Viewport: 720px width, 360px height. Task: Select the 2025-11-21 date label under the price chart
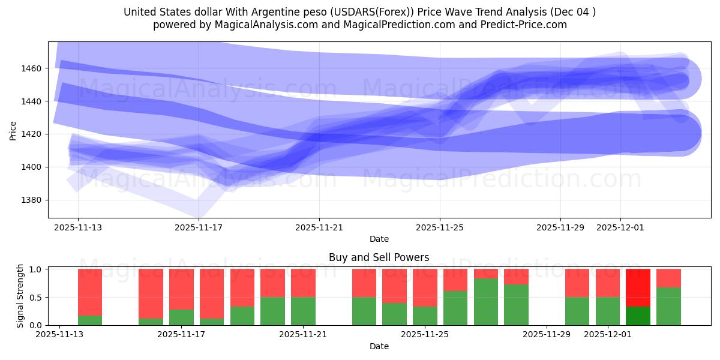319,227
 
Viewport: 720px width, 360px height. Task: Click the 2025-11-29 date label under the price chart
560,227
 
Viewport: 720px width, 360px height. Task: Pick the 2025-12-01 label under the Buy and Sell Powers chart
608,335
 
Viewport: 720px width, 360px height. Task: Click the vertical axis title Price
13,130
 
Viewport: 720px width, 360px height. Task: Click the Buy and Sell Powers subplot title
379,257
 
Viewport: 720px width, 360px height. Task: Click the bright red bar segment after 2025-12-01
638,287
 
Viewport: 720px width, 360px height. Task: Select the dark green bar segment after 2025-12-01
638,316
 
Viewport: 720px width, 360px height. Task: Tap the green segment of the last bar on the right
668,306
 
